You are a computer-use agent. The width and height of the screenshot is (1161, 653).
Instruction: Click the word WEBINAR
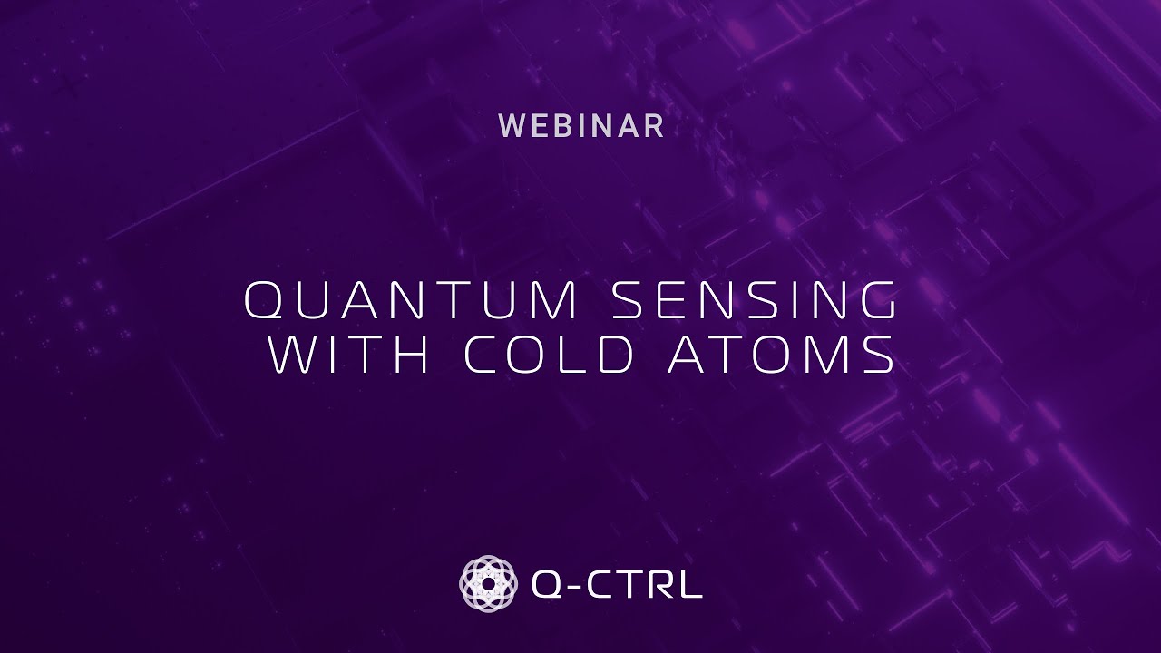(581, 127)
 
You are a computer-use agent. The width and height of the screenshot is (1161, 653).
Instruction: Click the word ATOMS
(781, 356)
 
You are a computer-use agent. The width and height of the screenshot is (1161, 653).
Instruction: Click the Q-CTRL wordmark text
(617, 584)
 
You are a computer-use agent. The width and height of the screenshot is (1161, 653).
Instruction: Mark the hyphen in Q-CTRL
(574, 585)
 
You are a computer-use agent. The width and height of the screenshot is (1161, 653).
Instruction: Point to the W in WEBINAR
(512, 127)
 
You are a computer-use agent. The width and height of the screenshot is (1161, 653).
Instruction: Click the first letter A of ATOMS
(688, 356)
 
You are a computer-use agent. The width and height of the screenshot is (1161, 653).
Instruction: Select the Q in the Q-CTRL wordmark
(547, 584)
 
